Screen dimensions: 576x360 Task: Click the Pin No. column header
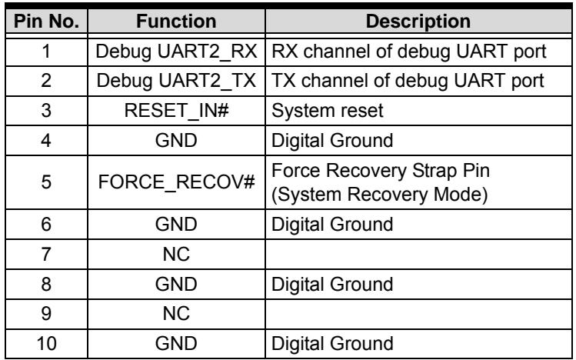coord(46,22)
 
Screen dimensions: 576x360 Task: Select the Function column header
coord(176,22)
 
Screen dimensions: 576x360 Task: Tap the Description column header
coord(418,22)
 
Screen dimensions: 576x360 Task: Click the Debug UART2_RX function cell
coord(176,52)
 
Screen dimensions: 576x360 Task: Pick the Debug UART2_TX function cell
coord(176,81)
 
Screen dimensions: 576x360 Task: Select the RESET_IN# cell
coord(176,111)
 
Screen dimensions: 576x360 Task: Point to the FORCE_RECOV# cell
coord(176,182)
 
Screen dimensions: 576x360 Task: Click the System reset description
coord(328,111)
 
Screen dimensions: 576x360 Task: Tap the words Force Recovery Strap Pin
coord(381,171)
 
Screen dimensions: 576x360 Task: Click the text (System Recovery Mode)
coord(379,195)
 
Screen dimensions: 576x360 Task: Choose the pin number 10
coord(46,344)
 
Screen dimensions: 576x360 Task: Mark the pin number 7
coord(46,254)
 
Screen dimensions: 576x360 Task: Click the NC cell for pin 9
coord(176,314)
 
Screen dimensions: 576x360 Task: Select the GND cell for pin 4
coord(176,140)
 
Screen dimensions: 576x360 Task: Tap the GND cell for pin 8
coord(176,284)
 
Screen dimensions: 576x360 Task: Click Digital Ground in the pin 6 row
coord(332,225)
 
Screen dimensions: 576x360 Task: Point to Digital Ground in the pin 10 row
coord(332,344)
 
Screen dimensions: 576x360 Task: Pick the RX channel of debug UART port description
coord(409,52)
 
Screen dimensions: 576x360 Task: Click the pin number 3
coord(46,111)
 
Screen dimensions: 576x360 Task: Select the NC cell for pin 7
coord(176,254)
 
